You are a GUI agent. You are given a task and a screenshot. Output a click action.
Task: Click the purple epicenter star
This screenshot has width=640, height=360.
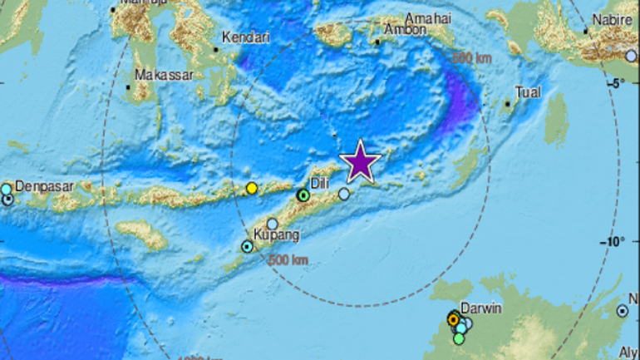[360, 161]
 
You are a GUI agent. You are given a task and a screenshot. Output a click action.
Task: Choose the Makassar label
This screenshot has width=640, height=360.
[165, 74]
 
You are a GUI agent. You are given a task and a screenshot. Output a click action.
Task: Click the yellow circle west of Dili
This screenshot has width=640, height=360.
[252, 189]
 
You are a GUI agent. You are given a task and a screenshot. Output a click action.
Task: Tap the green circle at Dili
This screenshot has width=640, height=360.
[303, 195]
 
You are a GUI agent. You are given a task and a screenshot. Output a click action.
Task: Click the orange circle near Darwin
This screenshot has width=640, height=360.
[453, 319]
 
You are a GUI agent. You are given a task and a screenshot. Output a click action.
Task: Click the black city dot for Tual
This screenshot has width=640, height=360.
[508, 104]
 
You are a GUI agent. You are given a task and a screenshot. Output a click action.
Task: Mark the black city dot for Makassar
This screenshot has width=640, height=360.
[130, 86]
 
